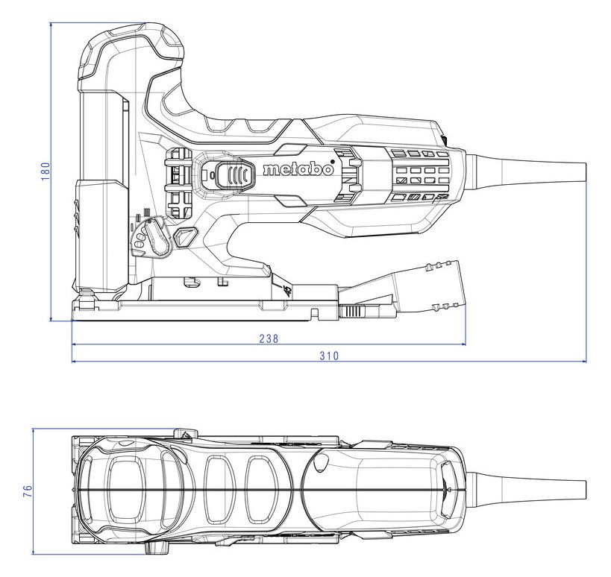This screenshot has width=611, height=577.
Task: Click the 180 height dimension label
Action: [x=46, y=171]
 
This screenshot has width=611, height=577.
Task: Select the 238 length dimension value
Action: [x=269, y=338]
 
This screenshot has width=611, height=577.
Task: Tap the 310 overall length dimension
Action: [x=329, y=356]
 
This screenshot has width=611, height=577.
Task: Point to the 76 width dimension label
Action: [x=28, y=491]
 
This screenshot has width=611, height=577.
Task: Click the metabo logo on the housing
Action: [x=298, y=169]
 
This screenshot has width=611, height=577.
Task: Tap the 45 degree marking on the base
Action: [x=287, y=291]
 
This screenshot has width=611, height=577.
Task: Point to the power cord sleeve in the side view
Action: [x=526, y=168]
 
